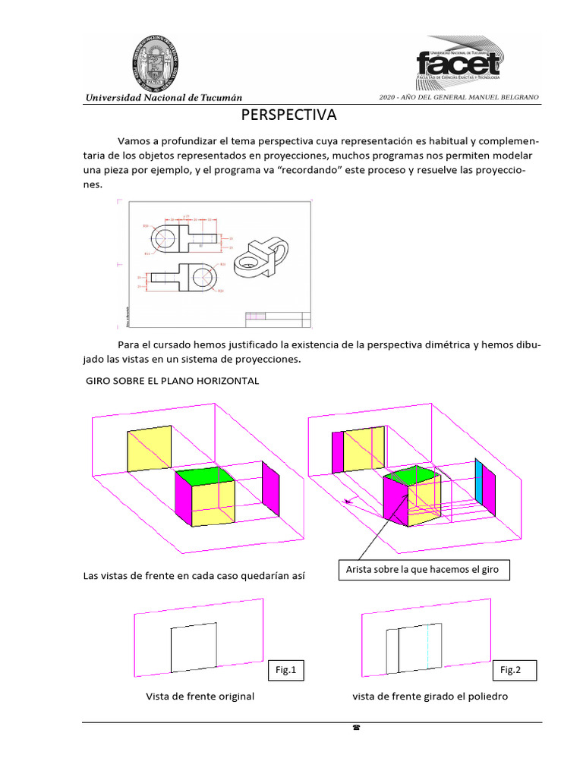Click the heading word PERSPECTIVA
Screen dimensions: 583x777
coord(288,116)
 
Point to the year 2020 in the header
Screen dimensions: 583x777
coord(388,99)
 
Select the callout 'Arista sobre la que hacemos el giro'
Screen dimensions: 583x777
coord(424,569)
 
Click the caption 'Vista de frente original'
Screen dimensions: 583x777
coord(200,697)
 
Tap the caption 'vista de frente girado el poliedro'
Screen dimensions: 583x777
coord(430,697)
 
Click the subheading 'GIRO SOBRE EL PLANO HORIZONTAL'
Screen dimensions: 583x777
coord(172,381)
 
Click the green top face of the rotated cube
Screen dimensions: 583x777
coord(414,476)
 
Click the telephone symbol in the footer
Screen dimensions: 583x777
coord(356,728)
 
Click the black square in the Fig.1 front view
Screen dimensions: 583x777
coord(194,649)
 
